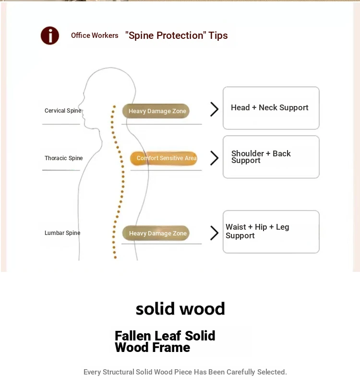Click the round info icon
click(50, 35)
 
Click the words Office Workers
click(95, 35)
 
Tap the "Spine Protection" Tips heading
click(176, 35)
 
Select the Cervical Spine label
click(63, 111)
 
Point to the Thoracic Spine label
click(63, 158)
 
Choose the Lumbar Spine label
click(62, 233)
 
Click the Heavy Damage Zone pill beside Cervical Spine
click(156, 111)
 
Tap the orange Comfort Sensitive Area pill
click(164, 158)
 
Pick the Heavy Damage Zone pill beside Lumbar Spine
click(156, 234)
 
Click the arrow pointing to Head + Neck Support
click(214, 109)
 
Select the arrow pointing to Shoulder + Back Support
click(214, 158)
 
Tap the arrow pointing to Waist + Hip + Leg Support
click(214, 233)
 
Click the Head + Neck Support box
click(271, 108)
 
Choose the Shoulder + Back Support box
click(271, 157)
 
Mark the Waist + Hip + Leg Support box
click(271, 232)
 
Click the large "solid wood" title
click(180, 309)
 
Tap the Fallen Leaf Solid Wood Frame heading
click(165, 341)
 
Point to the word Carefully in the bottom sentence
click(243, 372)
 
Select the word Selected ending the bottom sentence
click(273, 372)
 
